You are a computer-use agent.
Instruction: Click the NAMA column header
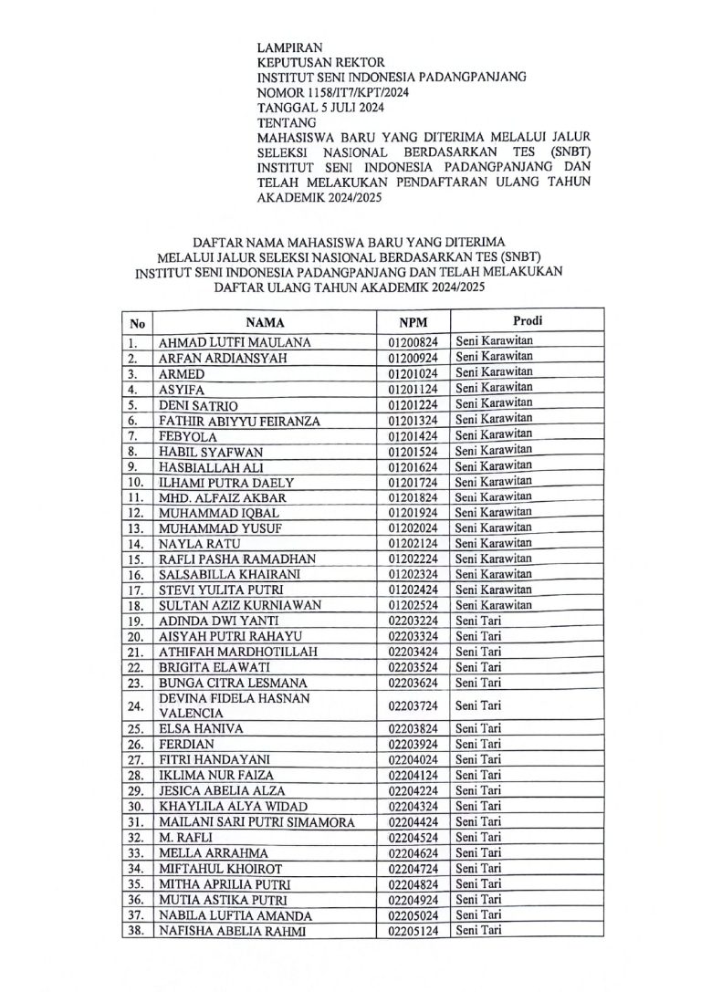pos(265,323)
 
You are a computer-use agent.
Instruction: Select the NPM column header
pos(413,323)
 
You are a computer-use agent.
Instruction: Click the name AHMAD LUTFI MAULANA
pos(235,342)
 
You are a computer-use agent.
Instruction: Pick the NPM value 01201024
pos(413,374)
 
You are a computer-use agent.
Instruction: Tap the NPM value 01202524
pos(413,606)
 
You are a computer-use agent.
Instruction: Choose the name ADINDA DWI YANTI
pos(214,621)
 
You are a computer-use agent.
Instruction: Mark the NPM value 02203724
pos(413,705)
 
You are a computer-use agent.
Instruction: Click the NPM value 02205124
pos(413,931)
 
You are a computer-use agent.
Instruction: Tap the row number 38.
pos(136,932)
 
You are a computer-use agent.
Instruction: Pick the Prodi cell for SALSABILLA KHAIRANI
pos(494,574)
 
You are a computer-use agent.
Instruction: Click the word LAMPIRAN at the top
pos(289,47)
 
